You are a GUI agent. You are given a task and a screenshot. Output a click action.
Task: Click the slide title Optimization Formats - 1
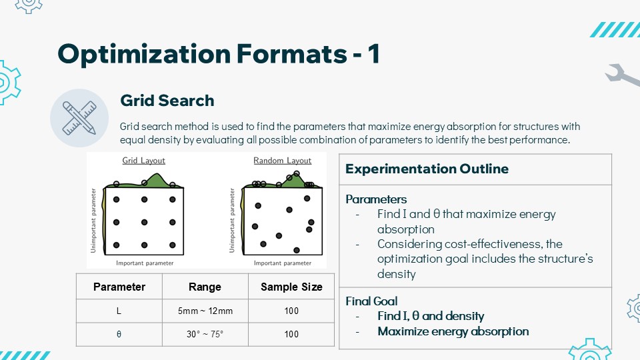pos(219,54)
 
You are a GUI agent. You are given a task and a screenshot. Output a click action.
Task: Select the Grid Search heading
pos(167,101)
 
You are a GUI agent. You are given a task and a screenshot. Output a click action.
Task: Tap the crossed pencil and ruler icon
pos(79,118)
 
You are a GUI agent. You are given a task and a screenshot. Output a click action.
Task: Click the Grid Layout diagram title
pos(144,161)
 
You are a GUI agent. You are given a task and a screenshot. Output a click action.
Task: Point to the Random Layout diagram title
pos(283,161)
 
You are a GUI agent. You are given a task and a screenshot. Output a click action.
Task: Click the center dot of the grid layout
pos(144,223)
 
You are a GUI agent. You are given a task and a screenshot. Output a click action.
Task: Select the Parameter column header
pos(119,287)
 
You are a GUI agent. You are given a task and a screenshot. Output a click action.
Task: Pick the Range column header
pos(205,287)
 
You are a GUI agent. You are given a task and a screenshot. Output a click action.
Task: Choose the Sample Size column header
pos(291,287)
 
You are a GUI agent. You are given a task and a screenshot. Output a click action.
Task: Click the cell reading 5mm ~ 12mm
pos(205,311)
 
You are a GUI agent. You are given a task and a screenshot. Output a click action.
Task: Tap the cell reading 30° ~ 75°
pos(205,334)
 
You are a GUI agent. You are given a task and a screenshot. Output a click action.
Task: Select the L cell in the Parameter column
pos(119,311)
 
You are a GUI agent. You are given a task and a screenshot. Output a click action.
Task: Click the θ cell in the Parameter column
pos(119,334)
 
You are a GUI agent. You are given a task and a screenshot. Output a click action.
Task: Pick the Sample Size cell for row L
pos(291,311)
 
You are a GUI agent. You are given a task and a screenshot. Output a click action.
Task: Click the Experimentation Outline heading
pos(427,169)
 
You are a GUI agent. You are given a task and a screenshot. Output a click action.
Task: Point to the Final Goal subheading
pos(371,301)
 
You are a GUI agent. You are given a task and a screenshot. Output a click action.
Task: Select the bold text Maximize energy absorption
pos(453,331)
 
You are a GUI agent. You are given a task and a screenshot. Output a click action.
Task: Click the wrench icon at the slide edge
pos(623,75)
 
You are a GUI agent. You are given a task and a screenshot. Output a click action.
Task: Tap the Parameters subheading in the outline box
pos(376,199)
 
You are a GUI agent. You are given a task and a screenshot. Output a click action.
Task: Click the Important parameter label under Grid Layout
pos(145,263)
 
